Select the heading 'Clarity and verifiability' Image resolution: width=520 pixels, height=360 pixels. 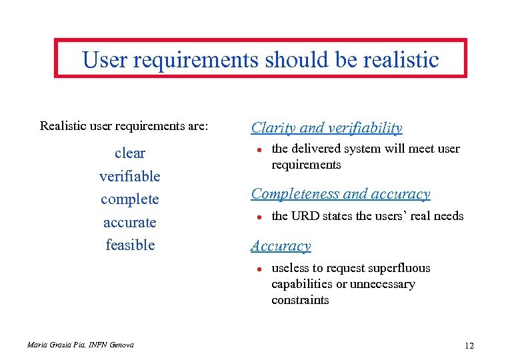pyautogui.click(x=326, y=127)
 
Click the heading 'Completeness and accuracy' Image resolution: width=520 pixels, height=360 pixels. pyautogui.click(x=340, y=194)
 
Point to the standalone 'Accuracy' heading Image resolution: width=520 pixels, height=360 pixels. pyautogui.click(x=281, y=246)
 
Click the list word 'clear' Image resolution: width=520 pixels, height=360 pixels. pyautogui.click(x=129, y=153)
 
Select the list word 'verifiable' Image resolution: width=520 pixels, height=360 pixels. pyautogui.click(x=129, y=176)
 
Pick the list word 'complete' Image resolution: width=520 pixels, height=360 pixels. pyautogui.click(x=129, y=199)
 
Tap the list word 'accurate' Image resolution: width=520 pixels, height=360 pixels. pyautogui.click(x=129, y=222)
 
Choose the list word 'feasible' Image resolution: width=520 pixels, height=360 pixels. pyautogui.click(x=129, y=245)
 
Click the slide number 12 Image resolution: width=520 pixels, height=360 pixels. pyautogui.click(x=469, y=345)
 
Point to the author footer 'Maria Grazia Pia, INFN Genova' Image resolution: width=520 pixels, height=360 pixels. pyautogui.click(x=80, y=345)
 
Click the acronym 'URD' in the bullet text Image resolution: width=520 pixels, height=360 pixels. pyautogui.click(x=305, y=215)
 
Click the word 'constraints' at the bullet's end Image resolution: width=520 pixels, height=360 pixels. pyautogui.click(x=300, y=300)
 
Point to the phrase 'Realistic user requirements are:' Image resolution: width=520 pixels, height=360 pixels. pyautogui.click(x=124, y=125)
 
